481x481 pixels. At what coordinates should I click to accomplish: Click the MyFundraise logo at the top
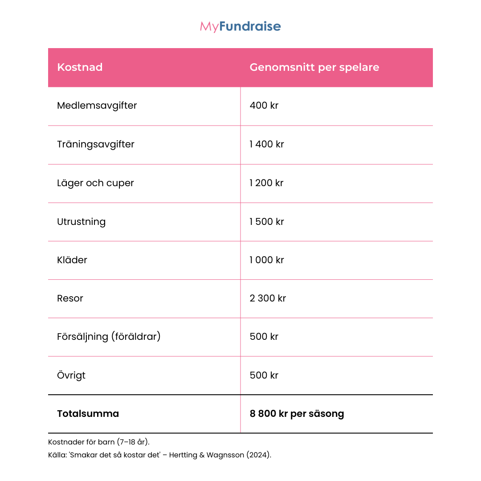[240, 27]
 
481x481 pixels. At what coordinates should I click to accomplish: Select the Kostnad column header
[80, 67]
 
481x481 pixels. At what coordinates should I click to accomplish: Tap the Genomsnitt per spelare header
[314, 67]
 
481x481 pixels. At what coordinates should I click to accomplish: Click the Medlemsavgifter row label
[97, 106]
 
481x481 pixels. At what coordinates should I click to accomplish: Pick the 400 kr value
[264, 106]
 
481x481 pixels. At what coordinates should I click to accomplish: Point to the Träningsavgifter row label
[95, 144]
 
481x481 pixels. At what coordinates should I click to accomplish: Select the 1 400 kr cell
[266, 144]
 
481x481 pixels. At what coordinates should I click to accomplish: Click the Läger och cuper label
[95, 183]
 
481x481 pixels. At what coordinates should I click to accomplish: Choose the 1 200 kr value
[266, 183]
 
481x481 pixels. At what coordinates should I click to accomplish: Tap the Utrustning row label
[81, 222]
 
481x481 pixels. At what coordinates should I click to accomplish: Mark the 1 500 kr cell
[266, 222]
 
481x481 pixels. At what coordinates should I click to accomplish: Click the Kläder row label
[72, 260]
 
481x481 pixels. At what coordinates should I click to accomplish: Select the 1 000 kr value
[266, 260]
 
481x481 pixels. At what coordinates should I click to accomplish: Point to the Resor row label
[70, 298]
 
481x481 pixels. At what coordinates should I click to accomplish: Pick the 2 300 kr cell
[268, 298]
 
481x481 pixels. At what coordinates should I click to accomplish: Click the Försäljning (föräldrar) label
[109, 337]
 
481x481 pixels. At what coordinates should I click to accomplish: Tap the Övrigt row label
[71, 375]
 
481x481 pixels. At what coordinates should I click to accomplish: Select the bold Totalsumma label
[88, 414]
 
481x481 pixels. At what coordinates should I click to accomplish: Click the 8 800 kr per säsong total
[297, 414]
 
